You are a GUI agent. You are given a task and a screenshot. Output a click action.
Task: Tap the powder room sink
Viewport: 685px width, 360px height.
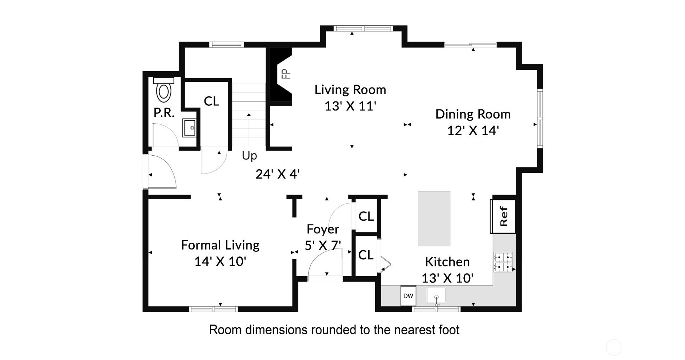[x=189, y=128]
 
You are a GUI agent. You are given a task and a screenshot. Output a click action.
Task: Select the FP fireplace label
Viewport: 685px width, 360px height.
[x=286, y=74]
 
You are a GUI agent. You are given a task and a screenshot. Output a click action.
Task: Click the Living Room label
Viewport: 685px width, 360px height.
[x=350, y=90]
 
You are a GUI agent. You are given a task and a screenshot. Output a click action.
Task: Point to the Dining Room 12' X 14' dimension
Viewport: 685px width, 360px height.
[x=473, y=131]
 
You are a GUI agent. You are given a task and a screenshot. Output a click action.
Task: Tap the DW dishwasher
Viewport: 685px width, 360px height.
[x=408, y=296]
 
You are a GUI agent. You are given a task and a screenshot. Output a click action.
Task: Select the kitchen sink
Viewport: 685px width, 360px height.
[x=436, y=296]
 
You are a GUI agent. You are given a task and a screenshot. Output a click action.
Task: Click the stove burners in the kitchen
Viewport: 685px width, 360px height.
[x=503, y=262]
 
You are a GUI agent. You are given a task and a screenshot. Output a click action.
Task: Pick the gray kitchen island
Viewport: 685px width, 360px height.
[x=434, y=218]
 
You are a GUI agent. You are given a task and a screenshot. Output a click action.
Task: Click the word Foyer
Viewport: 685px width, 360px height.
[x=323, y=229]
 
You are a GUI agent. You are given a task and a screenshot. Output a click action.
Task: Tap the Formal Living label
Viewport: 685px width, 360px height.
[x=220, y=245]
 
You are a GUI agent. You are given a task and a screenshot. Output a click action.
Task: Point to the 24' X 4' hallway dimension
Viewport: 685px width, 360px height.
[x=278, y=174]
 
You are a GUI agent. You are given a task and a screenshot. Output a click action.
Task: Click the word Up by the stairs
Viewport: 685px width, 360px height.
[x=249, y=156]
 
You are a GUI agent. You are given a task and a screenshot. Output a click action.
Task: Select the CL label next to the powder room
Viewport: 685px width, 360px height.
[x=211, y=101]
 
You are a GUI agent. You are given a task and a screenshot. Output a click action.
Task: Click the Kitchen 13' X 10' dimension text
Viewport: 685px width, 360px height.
[x=447, y=278]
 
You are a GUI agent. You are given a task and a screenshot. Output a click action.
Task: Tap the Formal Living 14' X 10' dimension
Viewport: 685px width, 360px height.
[x=220, y=262]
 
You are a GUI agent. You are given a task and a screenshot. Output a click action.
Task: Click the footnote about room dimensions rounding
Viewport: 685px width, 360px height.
[x=334, y=330]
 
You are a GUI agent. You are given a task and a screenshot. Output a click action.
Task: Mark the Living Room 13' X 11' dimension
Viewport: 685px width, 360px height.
[x=350, y=106]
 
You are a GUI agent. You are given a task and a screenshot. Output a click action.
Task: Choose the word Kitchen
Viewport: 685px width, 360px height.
[x=447, y=262]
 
